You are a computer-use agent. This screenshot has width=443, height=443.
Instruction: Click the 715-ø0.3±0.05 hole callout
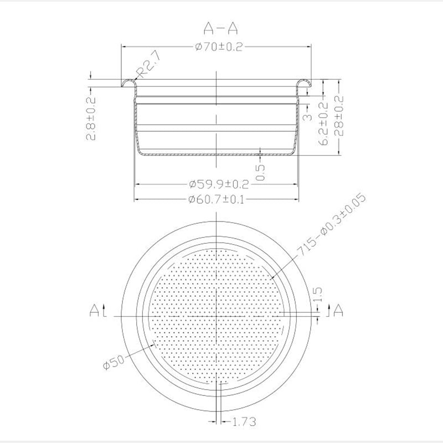point(331,224)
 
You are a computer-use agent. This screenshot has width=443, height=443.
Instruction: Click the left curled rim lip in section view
point(128,83)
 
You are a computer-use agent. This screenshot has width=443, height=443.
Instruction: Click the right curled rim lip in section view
point(305,83)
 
